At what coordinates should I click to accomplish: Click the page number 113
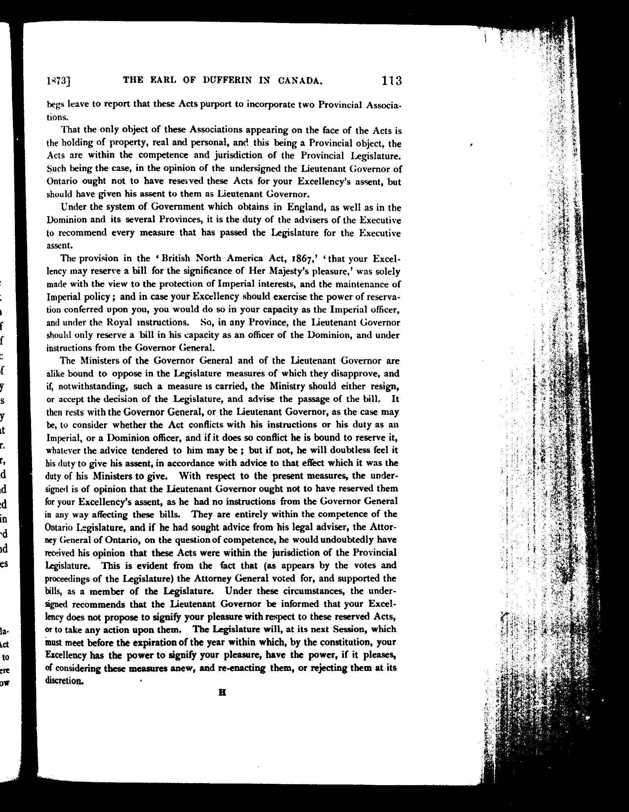392,81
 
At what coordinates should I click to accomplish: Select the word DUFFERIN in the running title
227,80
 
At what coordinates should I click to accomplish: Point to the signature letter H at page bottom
222,693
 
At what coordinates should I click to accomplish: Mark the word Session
349,629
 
